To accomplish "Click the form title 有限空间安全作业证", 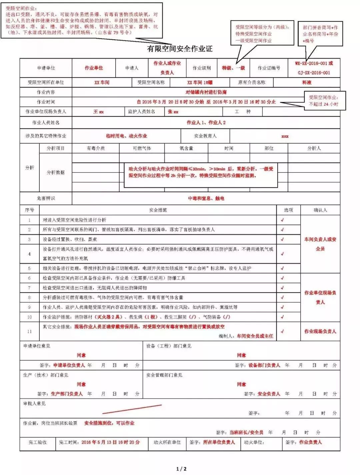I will [180, 49].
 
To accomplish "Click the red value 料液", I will [306, 82].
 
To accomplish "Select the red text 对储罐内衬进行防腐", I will [206, 92].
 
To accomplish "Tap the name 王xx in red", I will [98, 112].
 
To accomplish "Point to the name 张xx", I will [173, 112].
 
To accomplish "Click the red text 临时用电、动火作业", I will [126, 136].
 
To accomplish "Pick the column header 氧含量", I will [186, 148].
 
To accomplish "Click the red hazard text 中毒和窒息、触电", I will [206, 198].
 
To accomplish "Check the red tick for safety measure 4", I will [282, 254].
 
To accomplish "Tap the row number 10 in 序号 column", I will [29, 317].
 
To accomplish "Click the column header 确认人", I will [320, 210].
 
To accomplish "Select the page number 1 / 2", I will [181, 469].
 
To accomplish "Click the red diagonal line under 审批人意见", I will [132, 409].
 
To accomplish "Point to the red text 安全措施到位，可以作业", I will [109, 423].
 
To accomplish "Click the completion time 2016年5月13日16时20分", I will [110, 442].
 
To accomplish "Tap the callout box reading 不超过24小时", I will [323, 101].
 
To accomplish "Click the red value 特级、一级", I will [233, 68].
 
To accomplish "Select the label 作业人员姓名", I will [46, 123].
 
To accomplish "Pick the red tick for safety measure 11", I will [282, 331].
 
